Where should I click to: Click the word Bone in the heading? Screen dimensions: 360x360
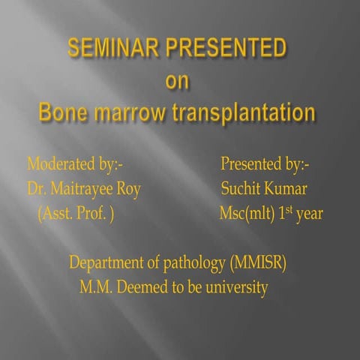65,113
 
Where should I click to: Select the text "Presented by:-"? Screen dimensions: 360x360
265,163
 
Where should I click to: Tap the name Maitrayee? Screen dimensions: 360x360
82,188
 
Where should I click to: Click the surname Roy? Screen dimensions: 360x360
127,188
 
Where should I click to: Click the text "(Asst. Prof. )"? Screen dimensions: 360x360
75,214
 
